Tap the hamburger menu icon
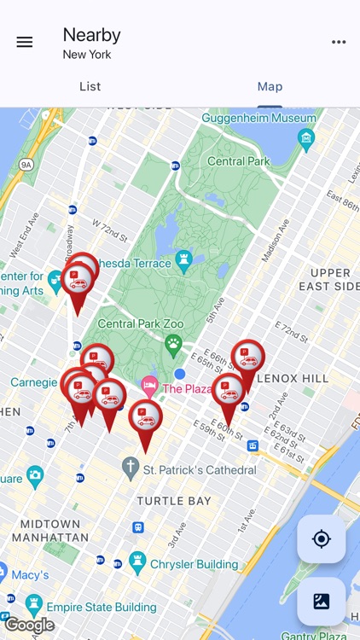(x=25, y=42)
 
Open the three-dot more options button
(x=339, y=42)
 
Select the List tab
(x=90, y=86)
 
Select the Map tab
(x=270, y=86)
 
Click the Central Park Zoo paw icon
(x=174, y=345)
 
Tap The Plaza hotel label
(x=186, y=389)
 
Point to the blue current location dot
(x=180, y=374)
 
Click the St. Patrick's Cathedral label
(x=199, y=470)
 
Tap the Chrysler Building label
(x=194, y=564)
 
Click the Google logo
(x=29, y=625)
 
